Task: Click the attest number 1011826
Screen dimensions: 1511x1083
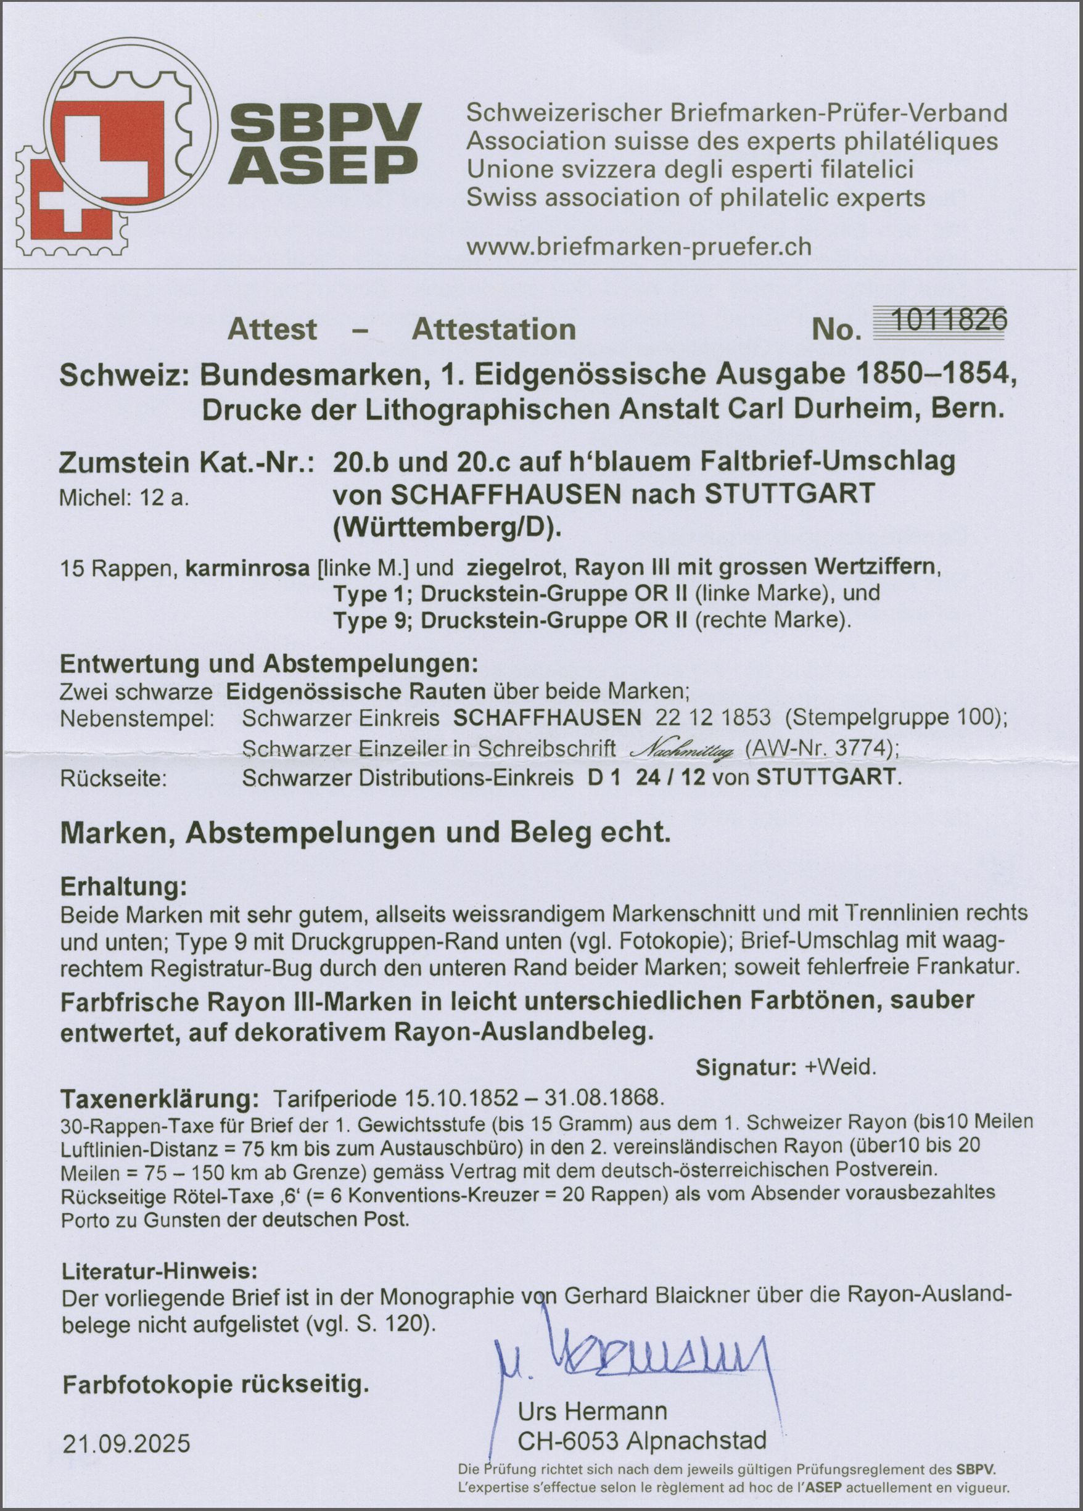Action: click(949, 322)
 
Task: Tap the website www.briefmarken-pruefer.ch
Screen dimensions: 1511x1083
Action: click(639, 247)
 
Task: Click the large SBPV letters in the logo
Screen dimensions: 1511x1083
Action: click(329, 123)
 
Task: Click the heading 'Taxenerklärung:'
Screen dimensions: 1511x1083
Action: click(157, 1098)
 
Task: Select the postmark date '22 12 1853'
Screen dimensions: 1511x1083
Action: click(714, 718)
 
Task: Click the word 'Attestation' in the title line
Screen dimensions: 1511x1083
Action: click(493, 330)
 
